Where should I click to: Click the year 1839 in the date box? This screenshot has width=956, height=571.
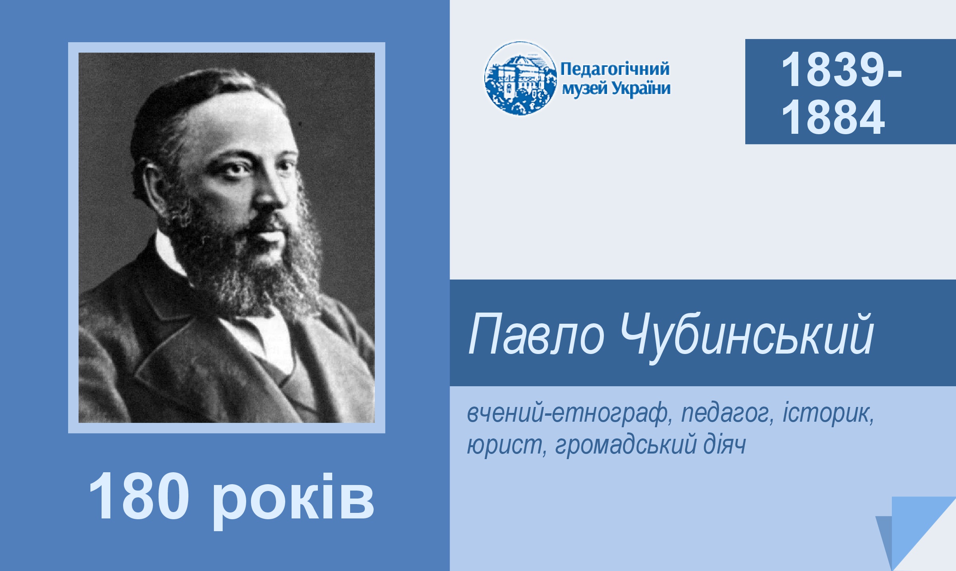(x=833, y=70)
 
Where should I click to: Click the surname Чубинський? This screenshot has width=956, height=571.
(x=747, y=337)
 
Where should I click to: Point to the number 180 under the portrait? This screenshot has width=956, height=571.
(x=139, y=497)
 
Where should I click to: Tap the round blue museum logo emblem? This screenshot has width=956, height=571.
(x=520, y=78)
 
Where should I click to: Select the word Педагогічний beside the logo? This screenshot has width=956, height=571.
(x=615, y=69)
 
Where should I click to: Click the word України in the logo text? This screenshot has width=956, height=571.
(x=641, y=88)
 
